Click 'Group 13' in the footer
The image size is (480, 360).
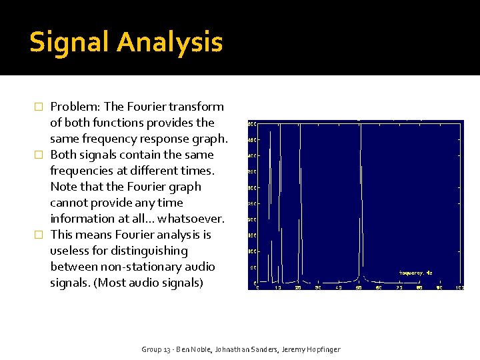[x=156, y=349]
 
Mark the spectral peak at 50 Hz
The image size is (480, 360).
[x=361, y=200]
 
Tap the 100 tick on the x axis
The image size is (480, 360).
[x=459, y=287]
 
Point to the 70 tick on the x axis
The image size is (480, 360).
[x=399, y=287]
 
